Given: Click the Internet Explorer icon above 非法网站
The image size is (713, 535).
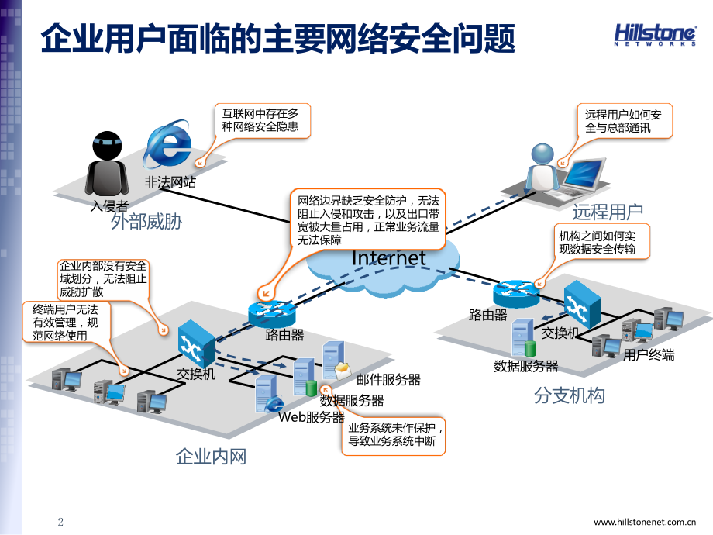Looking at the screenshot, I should tap(170, 145).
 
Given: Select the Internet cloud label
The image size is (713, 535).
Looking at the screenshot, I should tap(388, 258).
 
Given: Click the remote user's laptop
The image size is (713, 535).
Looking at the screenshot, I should tap(581, 174).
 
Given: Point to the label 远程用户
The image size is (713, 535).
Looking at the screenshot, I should tap(608, 212).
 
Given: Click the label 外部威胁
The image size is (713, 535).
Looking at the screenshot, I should tap(146, 222).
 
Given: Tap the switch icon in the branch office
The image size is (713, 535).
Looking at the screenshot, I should tap(582, 304).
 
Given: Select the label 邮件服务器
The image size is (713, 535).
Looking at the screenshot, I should tap(388, 379).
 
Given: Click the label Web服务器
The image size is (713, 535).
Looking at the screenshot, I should tap(312, 417).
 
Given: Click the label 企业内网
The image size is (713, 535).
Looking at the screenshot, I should tap(211, 456).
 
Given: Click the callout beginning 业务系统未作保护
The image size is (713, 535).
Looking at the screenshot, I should tap(394, 435).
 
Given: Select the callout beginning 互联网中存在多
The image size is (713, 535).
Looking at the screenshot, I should tap(262, 119).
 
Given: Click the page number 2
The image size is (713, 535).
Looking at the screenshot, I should tap(61, 521).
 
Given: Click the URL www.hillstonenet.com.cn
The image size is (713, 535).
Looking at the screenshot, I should tap(651, 522).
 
